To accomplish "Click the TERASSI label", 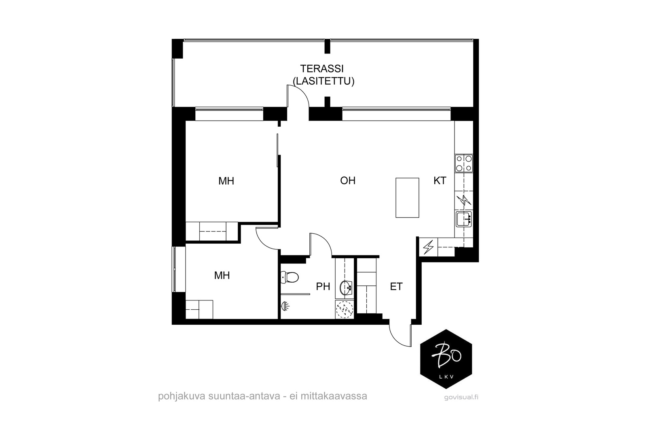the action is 322,69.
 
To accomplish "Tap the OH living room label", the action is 348,181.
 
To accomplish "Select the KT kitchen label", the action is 440,181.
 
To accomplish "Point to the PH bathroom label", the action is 323,287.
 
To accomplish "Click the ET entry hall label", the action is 396,287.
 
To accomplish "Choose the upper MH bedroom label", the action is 226,181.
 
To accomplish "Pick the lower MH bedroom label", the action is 222,276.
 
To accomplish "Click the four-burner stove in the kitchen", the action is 464,164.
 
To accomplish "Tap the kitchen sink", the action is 464,219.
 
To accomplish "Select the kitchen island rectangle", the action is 407,198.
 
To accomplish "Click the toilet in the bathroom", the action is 290,277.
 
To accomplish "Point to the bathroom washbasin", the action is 346,287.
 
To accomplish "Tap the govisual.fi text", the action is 461,397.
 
